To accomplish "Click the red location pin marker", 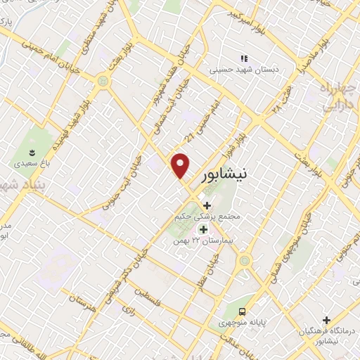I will (181, 166).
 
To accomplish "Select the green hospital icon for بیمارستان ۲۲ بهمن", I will (203, 229).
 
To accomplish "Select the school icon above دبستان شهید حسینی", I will (244, 58).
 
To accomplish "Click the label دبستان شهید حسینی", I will (243, 70).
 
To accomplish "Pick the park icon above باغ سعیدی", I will (30, 151).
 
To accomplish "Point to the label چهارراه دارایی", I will (336, 98).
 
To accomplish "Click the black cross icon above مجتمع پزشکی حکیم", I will (206, 205).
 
